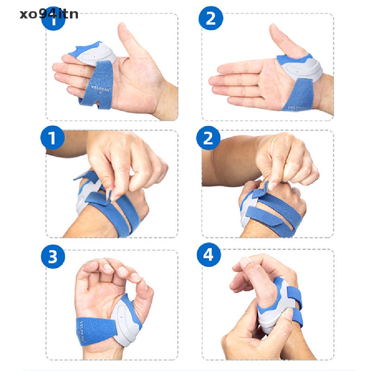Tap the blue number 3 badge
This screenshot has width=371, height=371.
[x=53, y=257]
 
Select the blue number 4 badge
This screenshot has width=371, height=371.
[x=208, y=256]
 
